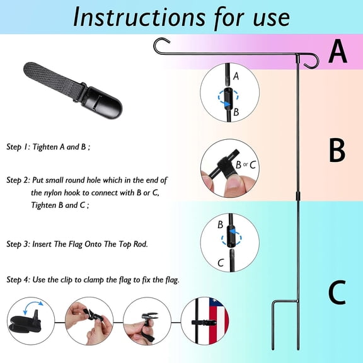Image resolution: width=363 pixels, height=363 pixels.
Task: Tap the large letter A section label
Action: [x=338, y=51]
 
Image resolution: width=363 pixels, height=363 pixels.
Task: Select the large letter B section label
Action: [x=337, y=150]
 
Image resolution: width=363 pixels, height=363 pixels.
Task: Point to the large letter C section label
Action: [x=337, y=292]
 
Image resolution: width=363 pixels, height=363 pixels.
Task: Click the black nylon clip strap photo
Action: [x=72, y=91]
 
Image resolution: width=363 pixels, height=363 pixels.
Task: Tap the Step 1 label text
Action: [x=18, y=147]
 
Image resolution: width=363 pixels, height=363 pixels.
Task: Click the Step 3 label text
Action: [x=18, y=244]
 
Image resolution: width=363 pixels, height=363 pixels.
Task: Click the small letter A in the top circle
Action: [x=236, y=76]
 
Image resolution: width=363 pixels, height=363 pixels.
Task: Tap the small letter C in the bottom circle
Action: [x=221, y=263]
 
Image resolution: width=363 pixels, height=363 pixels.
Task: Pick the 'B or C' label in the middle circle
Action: [x=245, y=165]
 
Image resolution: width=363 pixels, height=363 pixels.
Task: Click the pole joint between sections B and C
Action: [x=298, y=196]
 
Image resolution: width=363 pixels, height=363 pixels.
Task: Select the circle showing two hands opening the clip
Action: [x=89, y=321]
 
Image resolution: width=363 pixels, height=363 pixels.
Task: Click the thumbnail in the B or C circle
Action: [x=234, y=183]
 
